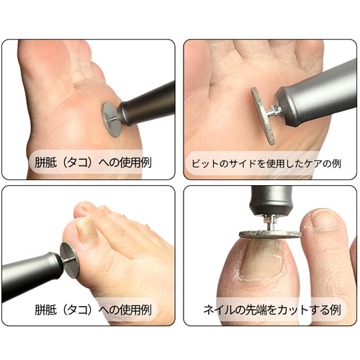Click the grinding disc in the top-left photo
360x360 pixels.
(x=111, y=120)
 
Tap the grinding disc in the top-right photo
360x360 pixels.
(x=262, y=116)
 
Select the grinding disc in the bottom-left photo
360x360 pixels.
(x=70, y=260)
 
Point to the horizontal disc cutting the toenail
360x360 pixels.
(x=270, y=234)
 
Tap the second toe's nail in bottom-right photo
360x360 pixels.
(x=325, y=220)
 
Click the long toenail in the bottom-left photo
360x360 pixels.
(x=87, y=231)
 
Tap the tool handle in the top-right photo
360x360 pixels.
(x=317, y=94)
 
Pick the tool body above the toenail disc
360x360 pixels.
(x=271, y=201)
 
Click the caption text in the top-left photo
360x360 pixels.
(x=93, y=163)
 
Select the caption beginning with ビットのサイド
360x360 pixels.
(x=266, y=163)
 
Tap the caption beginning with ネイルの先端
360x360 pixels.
(x=272, y=310)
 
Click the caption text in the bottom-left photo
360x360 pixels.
(x=93, y=310)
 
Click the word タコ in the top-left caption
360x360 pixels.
(x=78, y=163)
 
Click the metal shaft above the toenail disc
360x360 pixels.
(x=271, y=224)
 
